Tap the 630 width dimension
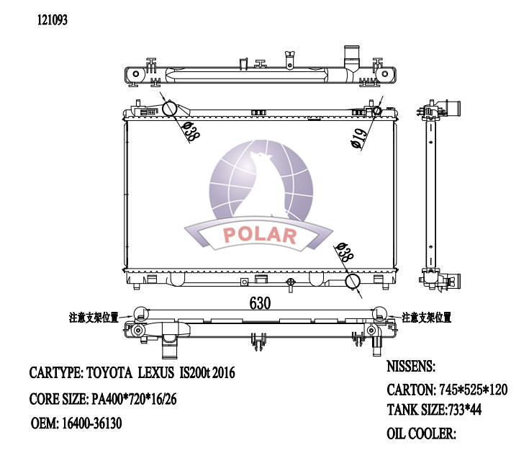260,304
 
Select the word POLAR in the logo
260,236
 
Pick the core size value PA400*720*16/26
133,398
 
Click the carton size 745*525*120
473,390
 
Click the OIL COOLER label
422,433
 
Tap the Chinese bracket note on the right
427,317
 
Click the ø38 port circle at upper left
170,109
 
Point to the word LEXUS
155,373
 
